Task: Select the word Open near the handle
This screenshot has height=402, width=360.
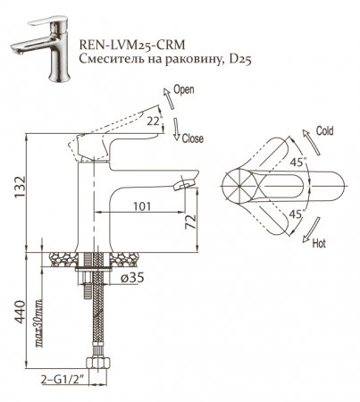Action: pos(184,91)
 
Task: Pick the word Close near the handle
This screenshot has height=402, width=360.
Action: pos(192,141)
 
